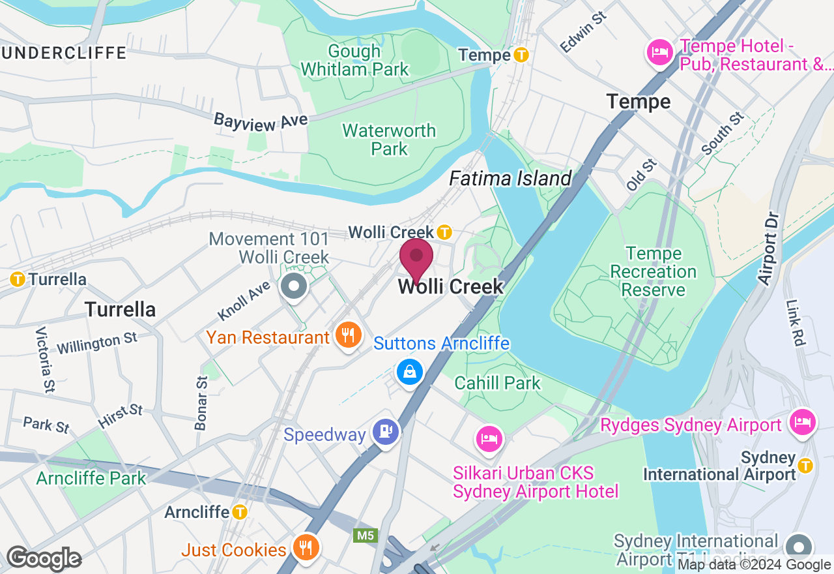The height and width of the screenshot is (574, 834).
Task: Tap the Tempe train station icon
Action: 521,55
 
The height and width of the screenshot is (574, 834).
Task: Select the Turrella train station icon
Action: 18,280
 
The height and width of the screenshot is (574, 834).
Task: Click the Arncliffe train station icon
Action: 240,512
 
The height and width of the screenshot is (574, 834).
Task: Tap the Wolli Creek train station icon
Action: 444,232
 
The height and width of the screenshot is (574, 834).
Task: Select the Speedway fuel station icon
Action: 385,431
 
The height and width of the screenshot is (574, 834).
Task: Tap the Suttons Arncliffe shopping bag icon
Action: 410,372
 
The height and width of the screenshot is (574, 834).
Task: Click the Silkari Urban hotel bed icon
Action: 489,438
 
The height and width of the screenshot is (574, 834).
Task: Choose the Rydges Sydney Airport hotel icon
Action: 802,422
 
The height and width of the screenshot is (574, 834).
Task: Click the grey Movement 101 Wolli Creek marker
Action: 294,286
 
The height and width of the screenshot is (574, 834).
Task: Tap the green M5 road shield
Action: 365,536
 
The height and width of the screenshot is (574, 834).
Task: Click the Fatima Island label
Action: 510,178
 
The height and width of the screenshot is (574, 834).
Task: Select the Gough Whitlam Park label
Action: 355,60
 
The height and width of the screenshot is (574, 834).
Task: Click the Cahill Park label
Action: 498,383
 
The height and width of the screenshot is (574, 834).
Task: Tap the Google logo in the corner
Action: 44,559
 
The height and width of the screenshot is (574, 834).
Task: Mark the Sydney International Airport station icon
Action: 805,465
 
